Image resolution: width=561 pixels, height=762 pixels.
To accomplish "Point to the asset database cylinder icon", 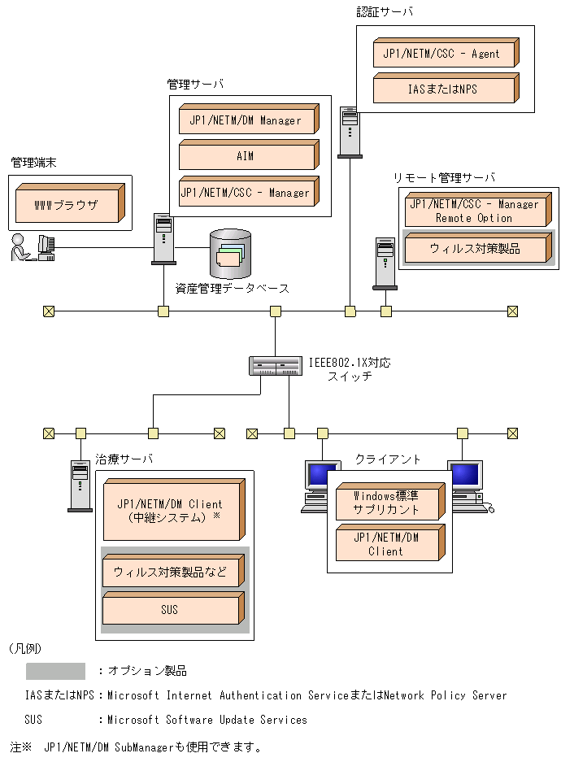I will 230,253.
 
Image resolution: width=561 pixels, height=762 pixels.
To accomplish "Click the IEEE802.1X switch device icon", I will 276,366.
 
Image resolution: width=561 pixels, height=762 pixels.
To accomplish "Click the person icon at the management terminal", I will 19,247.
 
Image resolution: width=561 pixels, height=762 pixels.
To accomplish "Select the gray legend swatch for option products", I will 55,671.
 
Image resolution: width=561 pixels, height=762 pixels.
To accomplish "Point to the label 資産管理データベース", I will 233,288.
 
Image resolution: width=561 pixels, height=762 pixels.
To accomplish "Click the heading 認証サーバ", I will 385,12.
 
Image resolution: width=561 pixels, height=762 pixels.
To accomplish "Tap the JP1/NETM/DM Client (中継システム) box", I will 172,511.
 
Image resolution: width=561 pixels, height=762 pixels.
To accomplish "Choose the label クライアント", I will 388,459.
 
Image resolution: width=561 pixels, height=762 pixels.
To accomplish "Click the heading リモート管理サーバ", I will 444,177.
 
